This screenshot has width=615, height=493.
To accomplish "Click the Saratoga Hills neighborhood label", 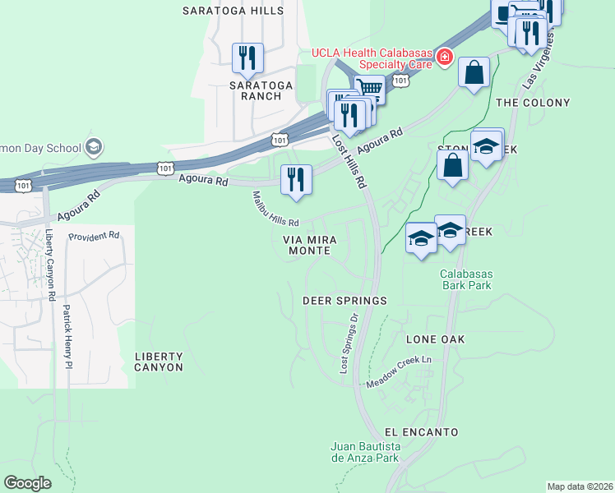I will coord(233,11).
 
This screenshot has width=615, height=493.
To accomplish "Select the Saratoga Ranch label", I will coord(255,90).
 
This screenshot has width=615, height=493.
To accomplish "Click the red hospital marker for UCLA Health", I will coord(444,56).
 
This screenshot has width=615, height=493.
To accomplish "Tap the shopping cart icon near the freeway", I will coord(371,88).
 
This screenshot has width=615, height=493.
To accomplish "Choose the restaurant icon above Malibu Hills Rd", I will coord(296,180).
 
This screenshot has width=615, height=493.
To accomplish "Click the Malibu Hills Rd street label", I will coord(275,210).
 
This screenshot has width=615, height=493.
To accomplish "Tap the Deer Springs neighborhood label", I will coord(344,301).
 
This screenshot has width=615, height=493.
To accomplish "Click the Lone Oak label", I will coord(435,339).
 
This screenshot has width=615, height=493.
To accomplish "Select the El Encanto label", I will coord(421,432).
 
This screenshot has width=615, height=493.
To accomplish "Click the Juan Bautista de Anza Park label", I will coord(364,453).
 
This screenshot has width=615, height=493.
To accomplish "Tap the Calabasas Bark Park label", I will coord(465,279).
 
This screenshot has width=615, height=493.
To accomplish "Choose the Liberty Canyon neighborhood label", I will coord(159,362).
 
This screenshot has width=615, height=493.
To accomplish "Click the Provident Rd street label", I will coord(94,236).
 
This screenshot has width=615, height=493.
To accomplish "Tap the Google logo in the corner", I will coord(28,483).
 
